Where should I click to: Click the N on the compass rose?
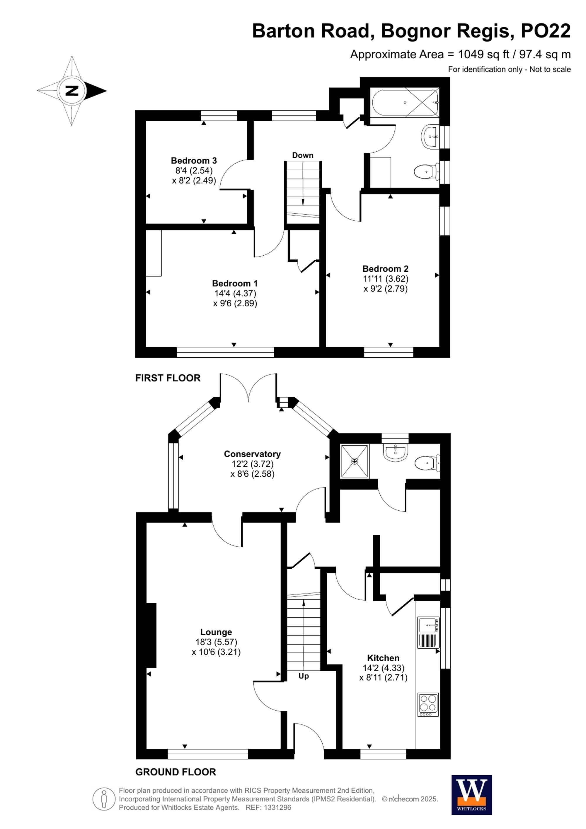click(x=72, y=90)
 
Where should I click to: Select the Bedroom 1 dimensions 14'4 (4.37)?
click(x=235, y=293)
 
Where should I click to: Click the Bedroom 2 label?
click(x=385, y=269)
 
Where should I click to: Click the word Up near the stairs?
click(x=304, y=676)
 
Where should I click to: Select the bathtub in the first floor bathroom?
click(x=405, y=103)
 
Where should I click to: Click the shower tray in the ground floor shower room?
click(x=355, y=461)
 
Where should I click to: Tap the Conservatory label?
click(x=252, y=454)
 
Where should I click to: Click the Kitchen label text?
click(x=383, y=658)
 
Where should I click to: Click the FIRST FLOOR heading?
click(x=168, y=378)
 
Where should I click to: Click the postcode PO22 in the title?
click(x=545, y=31)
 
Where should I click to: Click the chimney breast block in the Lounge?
click(x=151, y=635)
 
